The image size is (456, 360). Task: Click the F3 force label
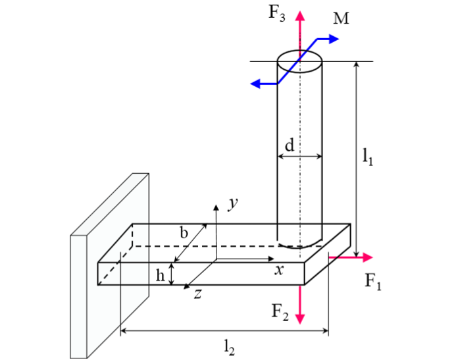[x=276, y=14]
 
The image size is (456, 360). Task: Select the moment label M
[x=341, y=18]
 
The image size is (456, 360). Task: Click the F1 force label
[x=374, y=282]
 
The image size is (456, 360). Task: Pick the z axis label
[x=197, y=295]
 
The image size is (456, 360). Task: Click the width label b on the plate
[x=184, y=232]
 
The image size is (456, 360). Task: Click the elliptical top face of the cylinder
[x=300, y=62]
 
